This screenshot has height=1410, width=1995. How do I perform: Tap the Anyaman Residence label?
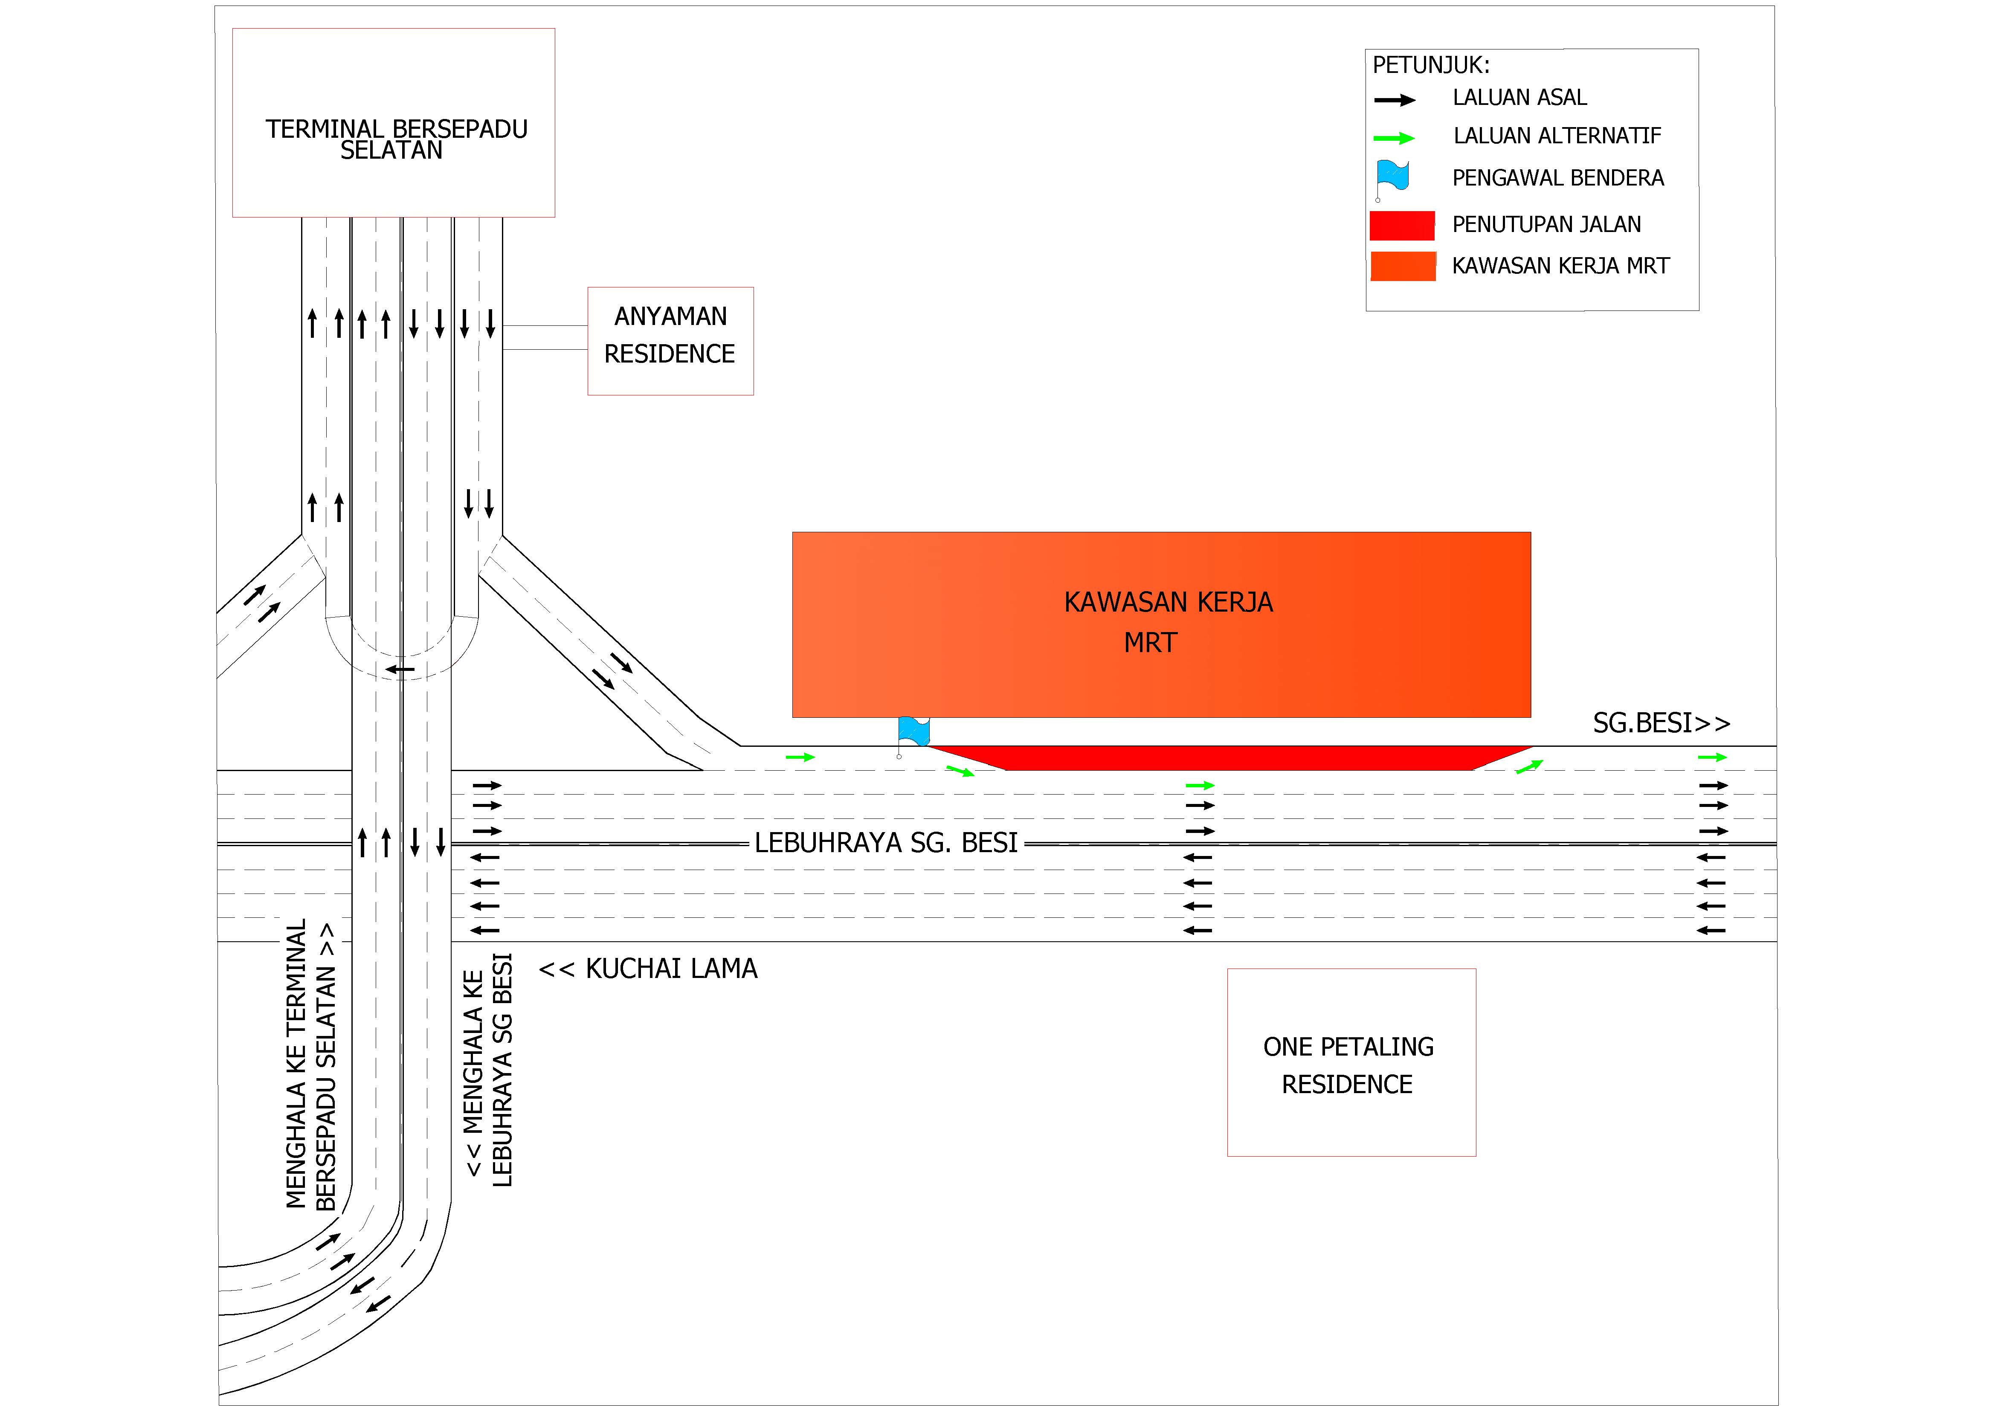tap(670, 335)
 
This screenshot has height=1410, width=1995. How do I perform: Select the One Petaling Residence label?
tap(1348, 1066)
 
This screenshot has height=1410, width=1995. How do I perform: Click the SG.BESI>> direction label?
tap(1662, 723)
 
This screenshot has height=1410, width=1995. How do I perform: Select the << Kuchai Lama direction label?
tap(648, 969)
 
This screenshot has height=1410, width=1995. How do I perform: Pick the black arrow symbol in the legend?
tap(1395, 100)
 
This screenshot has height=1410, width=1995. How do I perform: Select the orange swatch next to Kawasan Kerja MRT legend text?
tap(1403, 266)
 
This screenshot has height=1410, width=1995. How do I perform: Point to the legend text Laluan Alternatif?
tap(1557, 136)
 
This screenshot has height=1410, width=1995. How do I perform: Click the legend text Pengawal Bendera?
tap(1558, 178)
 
